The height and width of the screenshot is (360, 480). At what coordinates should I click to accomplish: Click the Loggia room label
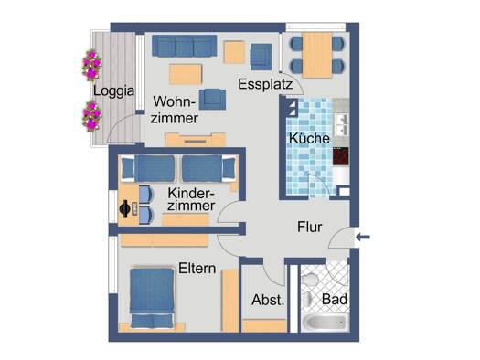[113, 91]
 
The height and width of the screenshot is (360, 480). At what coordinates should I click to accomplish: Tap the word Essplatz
[265, 84]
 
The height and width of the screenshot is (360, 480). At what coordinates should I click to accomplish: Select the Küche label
[309, 138]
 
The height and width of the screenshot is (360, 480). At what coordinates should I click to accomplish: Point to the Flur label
[310, 227]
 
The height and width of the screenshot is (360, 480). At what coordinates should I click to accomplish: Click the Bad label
[335, 299]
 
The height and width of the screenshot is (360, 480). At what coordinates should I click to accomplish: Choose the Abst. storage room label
[268, 300]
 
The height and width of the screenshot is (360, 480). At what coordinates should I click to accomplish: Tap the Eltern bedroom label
[197, 269]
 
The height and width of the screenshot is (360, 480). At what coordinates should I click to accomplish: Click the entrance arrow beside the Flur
[363, 237]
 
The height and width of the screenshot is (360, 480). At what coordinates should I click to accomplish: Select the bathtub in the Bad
[325, 323]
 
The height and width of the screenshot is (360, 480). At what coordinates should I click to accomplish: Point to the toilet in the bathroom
[310, 280]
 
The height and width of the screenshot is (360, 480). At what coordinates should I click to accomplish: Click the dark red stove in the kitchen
[341, 156]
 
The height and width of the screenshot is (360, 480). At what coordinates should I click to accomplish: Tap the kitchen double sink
[342, 125]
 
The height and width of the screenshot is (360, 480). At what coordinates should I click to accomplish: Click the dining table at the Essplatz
[317, 55]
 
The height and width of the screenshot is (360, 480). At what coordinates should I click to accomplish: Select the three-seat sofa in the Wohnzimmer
[185, 46]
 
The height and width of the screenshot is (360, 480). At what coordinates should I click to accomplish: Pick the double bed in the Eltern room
[152, 298]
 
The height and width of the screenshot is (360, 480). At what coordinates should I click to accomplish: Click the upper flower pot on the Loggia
[91, 65]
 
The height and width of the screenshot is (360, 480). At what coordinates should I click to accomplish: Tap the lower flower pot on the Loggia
[91, 116]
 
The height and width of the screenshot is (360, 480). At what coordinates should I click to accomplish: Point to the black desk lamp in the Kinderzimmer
[124, 209]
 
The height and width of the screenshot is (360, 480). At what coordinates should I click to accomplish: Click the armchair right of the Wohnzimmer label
[212, 100]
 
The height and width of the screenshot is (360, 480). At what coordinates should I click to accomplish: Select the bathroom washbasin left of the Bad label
[308, 299]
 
